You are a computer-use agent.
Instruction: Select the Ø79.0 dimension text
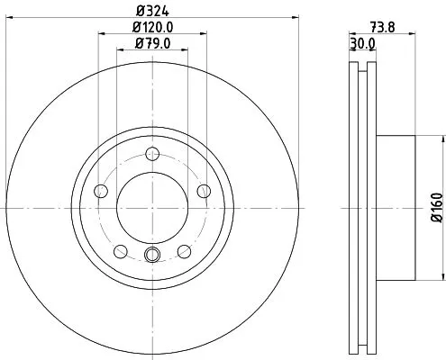click(150, 42)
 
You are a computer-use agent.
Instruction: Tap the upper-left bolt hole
click(100, 190)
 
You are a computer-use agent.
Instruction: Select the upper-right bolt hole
click(203, 190)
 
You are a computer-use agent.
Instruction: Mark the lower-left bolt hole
click(120, 250)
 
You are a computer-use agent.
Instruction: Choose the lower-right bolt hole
click(183, 250)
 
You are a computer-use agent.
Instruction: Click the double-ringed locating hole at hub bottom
click(151, 255)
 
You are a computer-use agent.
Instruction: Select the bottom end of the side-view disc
click(362, 349)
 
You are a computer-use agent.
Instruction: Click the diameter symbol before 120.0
click(135, 28)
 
